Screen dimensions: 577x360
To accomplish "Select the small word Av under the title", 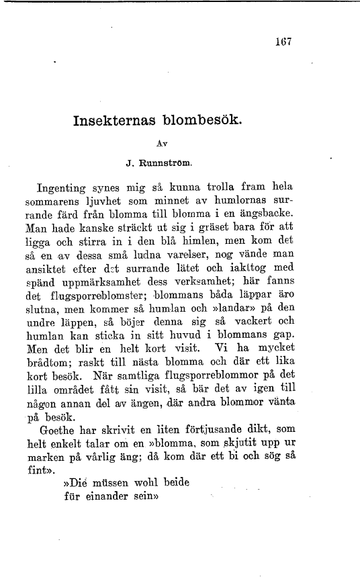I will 161,143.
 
